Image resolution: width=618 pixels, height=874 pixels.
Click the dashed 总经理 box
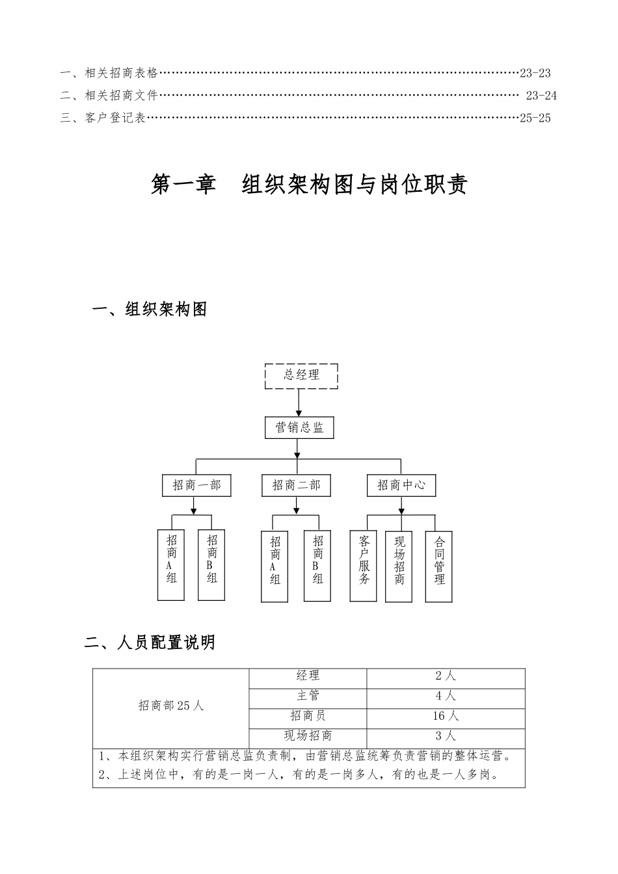[x=301, y=377]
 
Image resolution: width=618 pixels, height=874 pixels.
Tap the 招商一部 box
[x=196, y=485]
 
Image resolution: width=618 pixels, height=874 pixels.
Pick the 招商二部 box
[x=296, y=485]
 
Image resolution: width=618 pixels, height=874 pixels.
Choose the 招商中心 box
[x=401, y=485]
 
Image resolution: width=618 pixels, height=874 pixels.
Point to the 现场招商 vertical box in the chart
[x=399, y=566]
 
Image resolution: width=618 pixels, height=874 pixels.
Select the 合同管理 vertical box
[x=439, y=566]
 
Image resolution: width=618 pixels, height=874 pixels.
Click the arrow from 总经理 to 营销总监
[x=299, y=403]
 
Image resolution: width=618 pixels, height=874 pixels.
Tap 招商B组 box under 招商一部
[x=212, y=564]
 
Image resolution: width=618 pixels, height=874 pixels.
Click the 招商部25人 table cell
[x=171, y=706]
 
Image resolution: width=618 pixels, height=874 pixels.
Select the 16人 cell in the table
[x=446, y=716]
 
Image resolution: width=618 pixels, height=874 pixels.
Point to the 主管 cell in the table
[x=308, y=696]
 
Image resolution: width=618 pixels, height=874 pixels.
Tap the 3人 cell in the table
[x=446, y=736]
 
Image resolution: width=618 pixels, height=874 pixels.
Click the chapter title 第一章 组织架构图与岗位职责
[x=309, y=185]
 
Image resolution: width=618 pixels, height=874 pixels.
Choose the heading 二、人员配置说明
[x=150, y=643]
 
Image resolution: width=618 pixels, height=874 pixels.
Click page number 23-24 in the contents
[x=541, y=96]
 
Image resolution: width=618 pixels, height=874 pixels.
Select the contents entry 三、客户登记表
[x=103, y=118]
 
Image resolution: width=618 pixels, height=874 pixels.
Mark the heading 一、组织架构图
[x=150, y=310]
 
